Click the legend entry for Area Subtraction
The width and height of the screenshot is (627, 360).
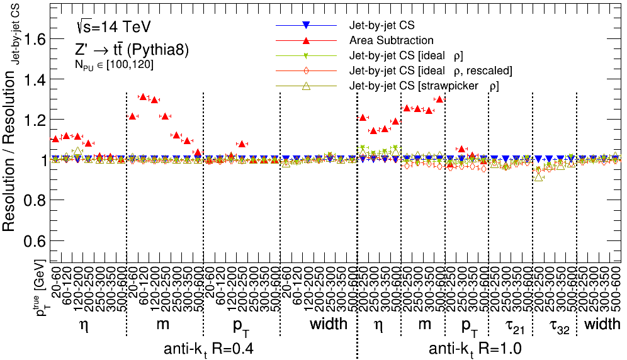pos(392,40)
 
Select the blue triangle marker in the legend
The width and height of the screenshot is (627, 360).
pos(305,25)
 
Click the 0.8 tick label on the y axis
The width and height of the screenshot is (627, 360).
pos(37,201)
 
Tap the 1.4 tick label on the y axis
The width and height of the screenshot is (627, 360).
pos(37,79)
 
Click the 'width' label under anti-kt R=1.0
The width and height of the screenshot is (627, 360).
pos(604,325)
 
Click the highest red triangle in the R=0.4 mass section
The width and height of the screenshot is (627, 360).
pos(144,97)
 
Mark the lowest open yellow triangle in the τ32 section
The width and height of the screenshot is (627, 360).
pos(538,177)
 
